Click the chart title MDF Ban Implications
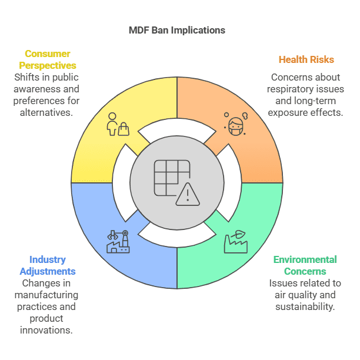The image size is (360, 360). point(177,30)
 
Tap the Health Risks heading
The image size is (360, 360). point(306,59)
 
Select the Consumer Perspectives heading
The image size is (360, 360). point(47,59)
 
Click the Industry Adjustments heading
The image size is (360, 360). point(47,265)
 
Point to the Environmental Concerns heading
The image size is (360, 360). point(305,265)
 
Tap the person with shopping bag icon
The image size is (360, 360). point(117,124)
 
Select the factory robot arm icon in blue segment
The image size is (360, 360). point(118,241)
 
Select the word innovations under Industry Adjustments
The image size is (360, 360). point(47,330)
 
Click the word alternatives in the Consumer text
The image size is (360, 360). point(47,112)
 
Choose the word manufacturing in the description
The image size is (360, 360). point(47,295)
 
